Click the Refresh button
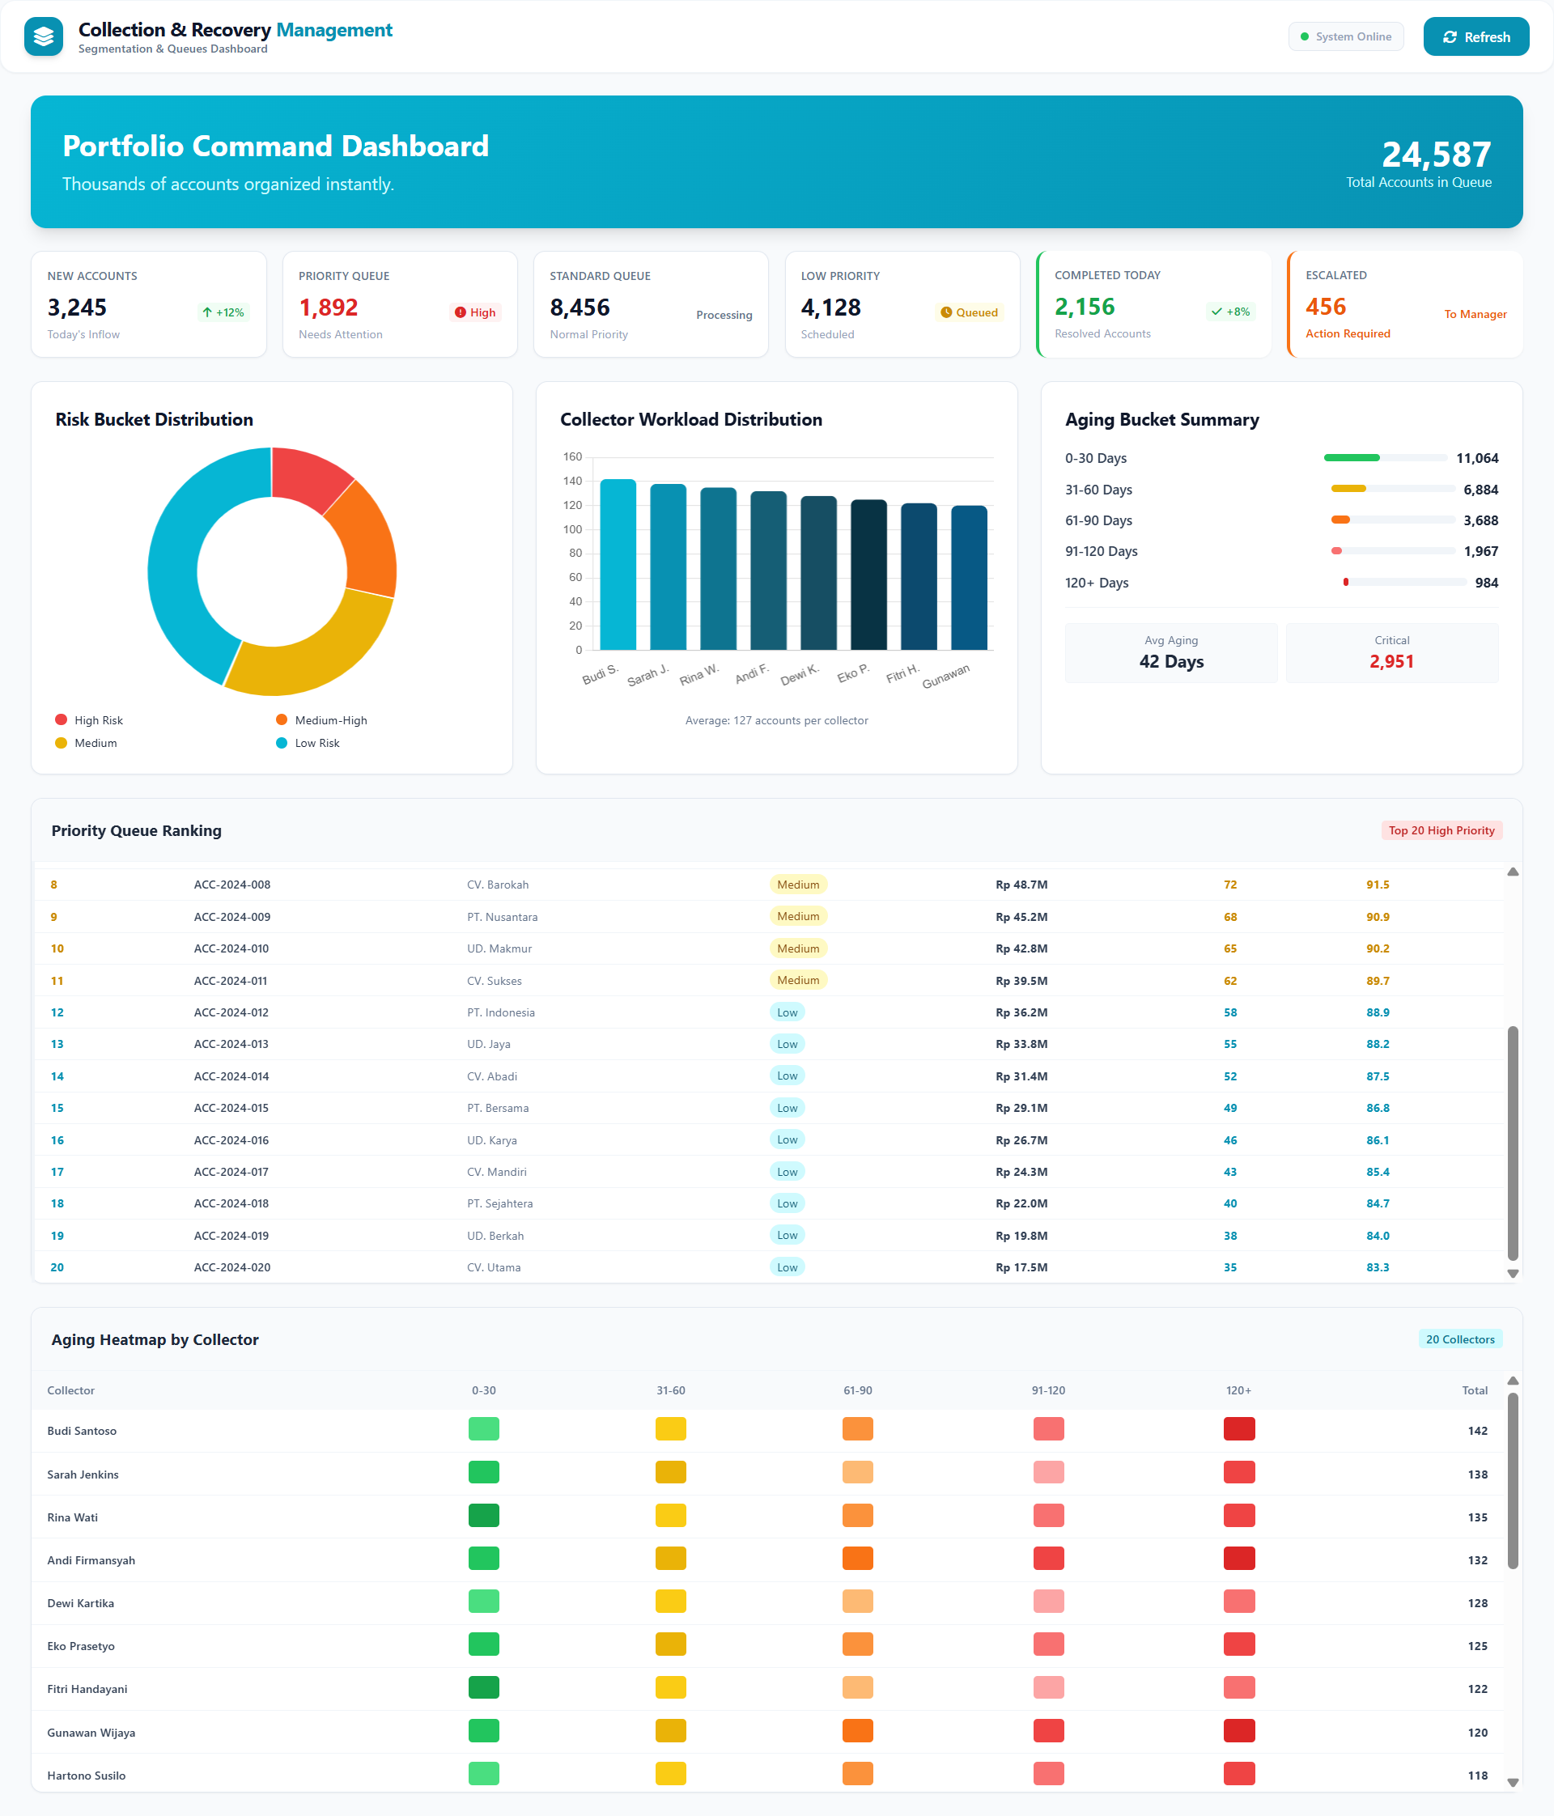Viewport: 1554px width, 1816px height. (1475, 36)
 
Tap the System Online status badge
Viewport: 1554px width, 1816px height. (1345, 36)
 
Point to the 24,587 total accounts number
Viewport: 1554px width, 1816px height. (1436, 155)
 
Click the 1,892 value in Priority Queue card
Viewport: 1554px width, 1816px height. (328, 308)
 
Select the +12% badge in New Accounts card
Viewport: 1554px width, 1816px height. (223, 313)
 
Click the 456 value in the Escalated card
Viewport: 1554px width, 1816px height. (1325, 307)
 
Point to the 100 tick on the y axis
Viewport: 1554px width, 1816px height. (572, 529)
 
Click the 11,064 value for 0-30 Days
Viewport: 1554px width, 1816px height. (1477, 458)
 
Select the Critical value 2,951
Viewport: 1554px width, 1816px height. (1391, 662)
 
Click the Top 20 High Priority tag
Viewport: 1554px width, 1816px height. (1441, 831)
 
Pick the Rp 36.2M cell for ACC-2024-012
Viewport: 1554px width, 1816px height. (1021, 1012)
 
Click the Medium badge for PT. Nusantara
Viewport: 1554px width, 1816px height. (797, 917)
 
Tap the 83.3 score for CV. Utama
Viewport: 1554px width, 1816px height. (1377, 1267)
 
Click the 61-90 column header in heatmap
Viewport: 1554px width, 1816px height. (857, 1391)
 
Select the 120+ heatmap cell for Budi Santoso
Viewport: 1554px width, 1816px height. (1238, 1429)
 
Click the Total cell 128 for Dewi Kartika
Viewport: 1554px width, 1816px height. (1477, 1603)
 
